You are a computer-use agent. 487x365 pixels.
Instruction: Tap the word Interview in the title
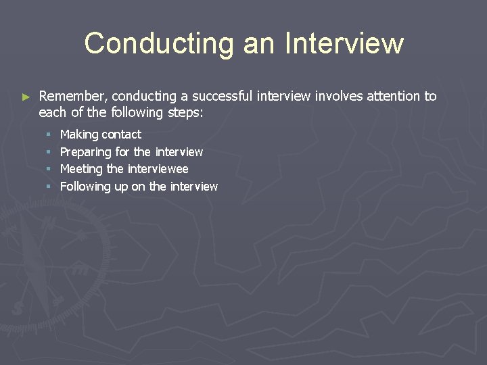(344, 43)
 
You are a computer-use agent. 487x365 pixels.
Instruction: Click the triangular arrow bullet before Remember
(26, 97)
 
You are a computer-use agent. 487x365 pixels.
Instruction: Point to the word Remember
(72, 96)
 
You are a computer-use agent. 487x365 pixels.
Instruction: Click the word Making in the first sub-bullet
(79, 135)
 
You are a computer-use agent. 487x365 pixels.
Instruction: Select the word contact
(121, 135)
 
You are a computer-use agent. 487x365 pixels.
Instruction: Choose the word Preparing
(85, 152)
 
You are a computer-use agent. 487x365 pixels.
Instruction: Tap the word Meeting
(81, 169)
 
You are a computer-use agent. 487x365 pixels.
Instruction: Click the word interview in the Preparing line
(179, 152)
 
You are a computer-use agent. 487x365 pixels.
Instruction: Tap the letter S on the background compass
(18, 308)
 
